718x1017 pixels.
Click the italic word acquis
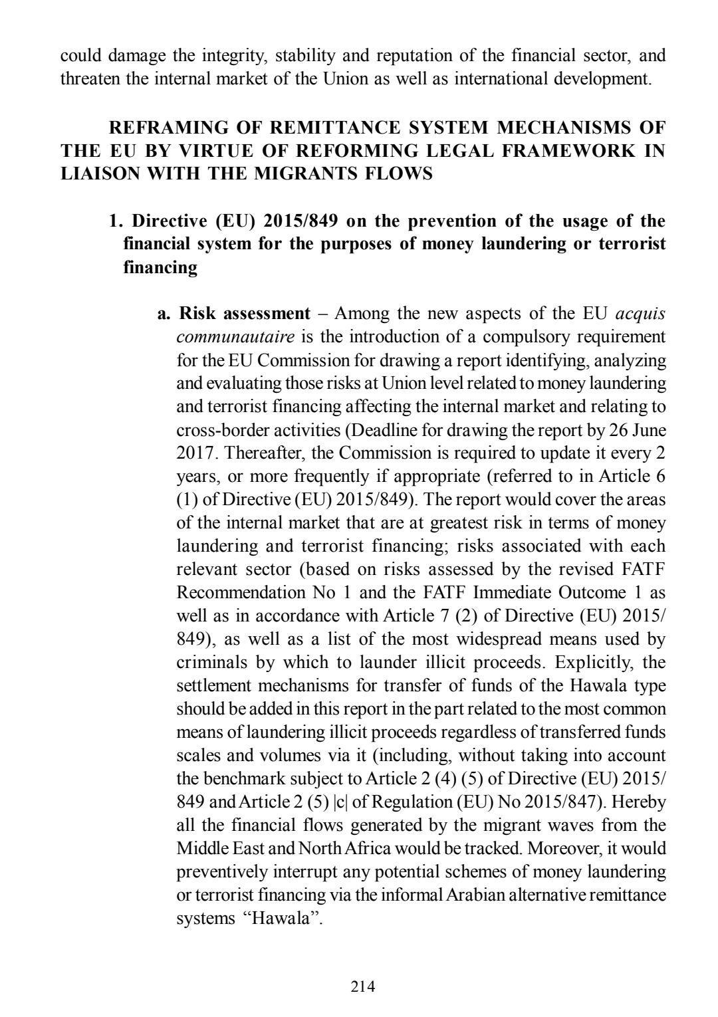click(641, 314)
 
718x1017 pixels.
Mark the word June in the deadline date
click(648, 430)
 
